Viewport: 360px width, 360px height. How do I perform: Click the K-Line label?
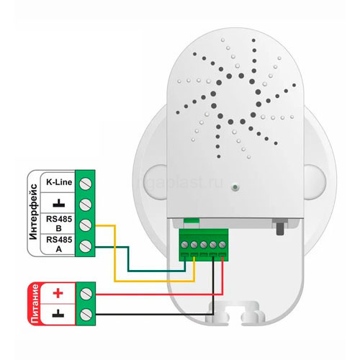point(59,182)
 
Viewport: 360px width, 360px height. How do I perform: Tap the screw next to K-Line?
point(85,184)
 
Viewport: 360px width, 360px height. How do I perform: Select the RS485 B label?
point(59,223)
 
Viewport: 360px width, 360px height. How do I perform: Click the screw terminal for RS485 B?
point(85,225)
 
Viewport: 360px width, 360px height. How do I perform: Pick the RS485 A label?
point(59,244)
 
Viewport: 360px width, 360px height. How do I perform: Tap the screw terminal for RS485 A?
point(85,246)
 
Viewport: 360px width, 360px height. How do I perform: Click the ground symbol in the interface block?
point(59,203)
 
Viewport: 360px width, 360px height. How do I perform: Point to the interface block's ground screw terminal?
point(85,204)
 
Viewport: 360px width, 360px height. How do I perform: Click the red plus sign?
point(58,293)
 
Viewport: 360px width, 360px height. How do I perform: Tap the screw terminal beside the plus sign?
point(86,294)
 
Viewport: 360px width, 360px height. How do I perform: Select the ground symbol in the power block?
point(58,313)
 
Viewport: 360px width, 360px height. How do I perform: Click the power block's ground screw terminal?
point(86,315)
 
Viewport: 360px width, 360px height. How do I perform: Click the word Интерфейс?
point(33,212)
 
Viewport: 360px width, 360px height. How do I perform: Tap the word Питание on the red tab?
point(35,304)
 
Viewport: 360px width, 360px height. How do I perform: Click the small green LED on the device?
point(235,187)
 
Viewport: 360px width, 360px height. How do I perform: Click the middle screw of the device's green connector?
point(204,245)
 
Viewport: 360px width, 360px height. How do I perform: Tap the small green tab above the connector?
point(192,220)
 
